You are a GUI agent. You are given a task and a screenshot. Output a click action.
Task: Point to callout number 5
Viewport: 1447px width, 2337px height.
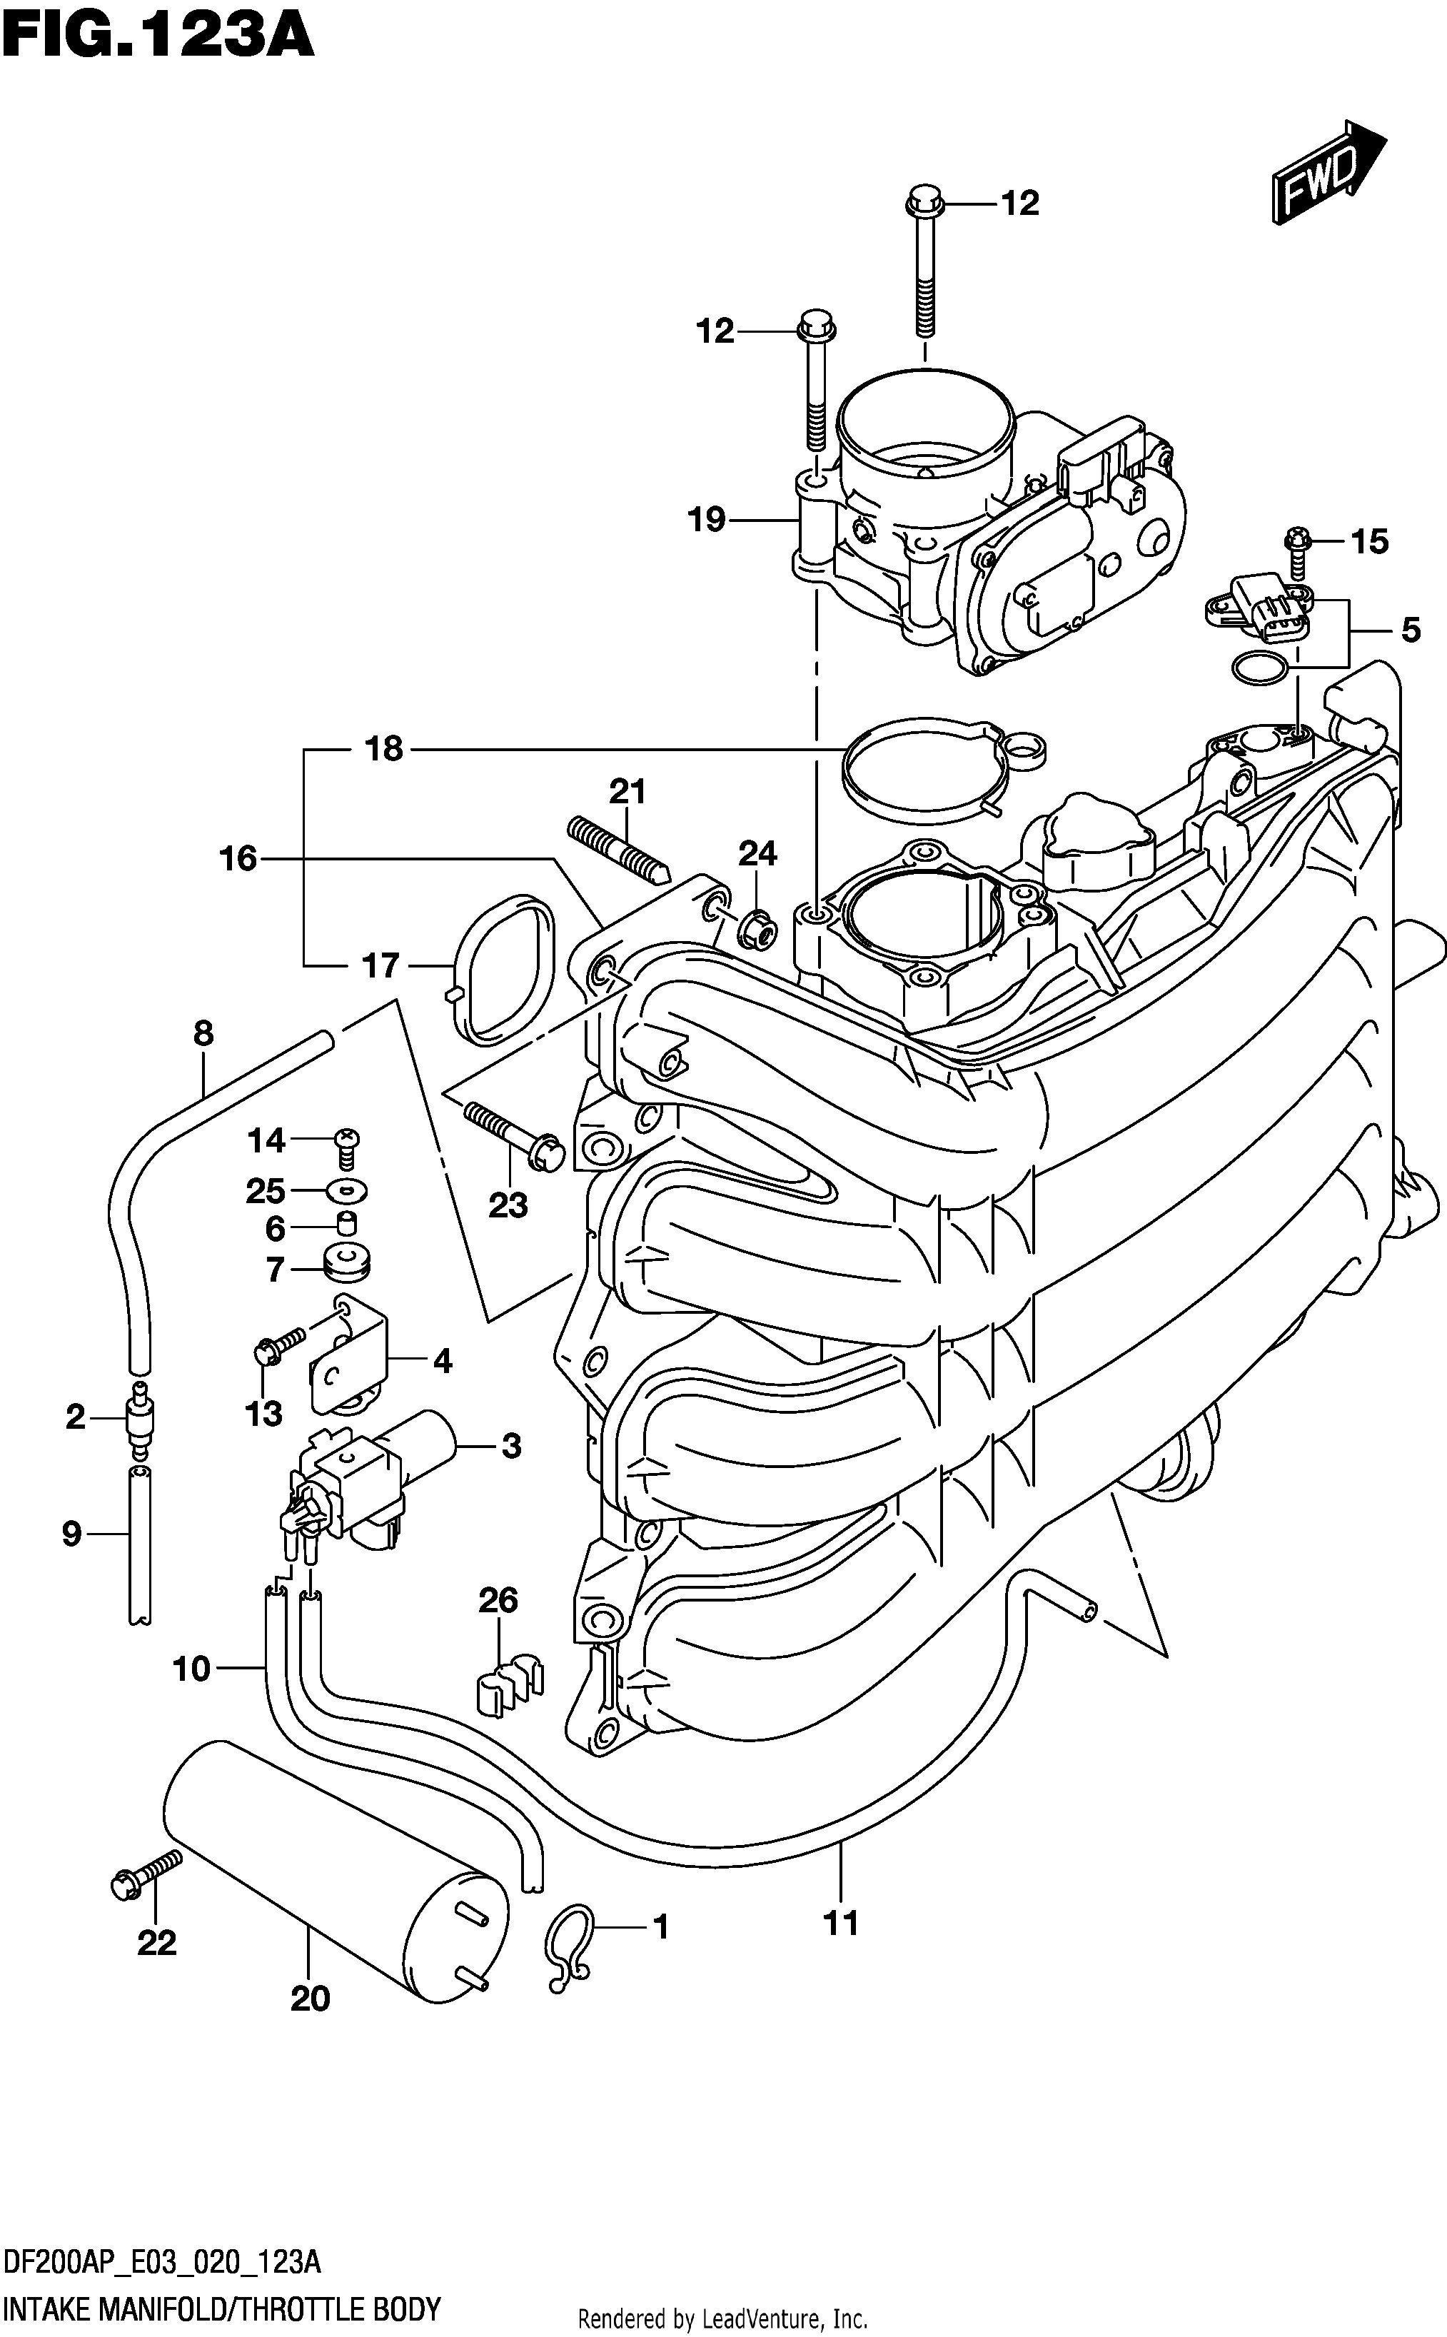tap(1411, 630)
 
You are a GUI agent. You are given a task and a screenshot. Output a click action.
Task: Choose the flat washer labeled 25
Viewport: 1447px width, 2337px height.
tap(346, 1192)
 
